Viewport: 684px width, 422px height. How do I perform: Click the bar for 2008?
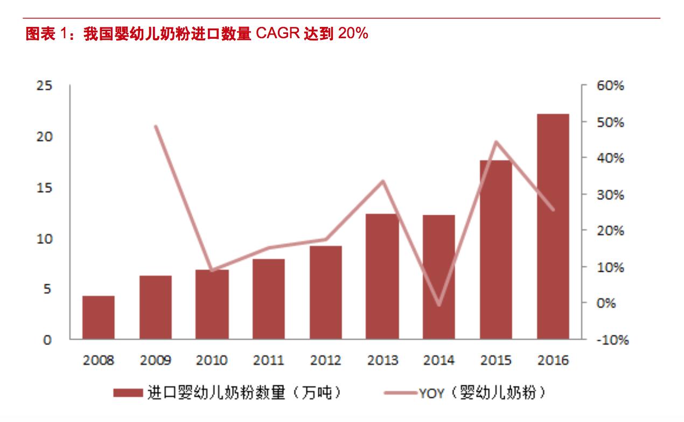(98, 318)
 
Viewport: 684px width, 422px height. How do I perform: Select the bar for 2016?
(553, 226)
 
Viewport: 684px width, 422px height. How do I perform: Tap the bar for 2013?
(382, 276)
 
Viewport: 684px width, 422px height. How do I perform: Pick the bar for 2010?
(212, 304)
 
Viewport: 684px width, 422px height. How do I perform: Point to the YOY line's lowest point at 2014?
(439, 305)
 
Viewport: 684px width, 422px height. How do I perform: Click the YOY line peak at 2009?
(155, 126)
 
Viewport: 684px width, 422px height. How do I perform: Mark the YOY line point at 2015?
(495, 142)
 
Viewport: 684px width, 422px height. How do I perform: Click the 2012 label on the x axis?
(325, 360)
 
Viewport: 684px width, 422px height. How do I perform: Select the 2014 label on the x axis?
(439, 360)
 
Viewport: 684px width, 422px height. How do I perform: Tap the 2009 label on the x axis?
(155, 360)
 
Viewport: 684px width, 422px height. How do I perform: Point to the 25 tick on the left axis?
(45, 86)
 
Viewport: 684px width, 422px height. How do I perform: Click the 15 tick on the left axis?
(45, 187)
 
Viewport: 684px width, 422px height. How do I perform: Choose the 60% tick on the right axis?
(611, 86)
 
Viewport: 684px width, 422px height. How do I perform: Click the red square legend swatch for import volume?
(128, 393)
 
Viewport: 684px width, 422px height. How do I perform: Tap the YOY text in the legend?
(431, 393)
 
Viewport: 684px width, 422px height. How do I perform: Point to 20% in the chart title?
(353, 34)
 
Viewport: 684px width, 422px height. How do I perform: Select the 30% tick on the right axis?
(611, 194)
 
